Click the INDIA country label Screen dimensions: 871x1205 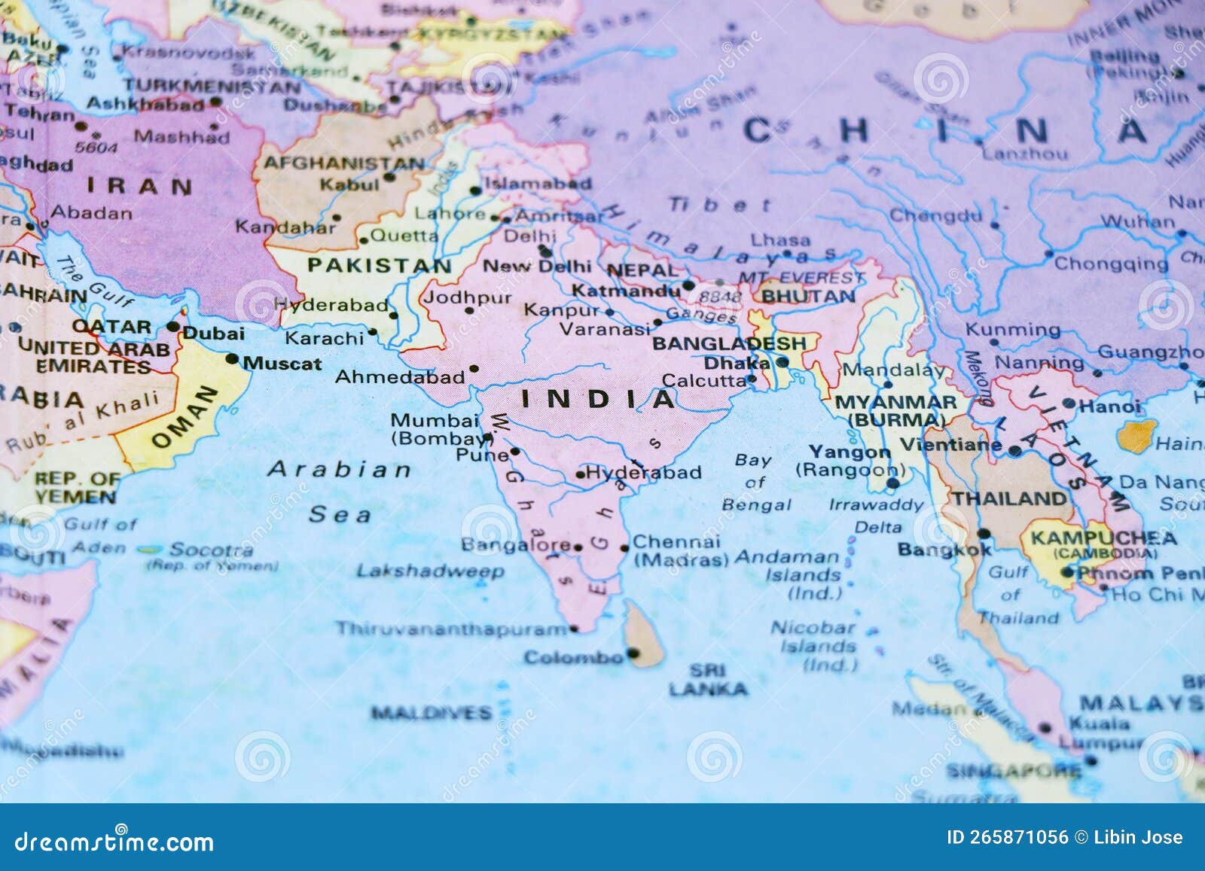(599, 399)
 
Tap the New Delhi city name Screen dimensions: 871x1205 (537, 266)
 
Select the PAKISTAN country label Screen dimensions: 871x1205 (379, 265)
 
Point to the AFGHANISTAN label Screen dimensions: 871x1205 (343, 163)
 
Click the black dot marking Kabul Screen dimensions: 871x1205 (389, 178)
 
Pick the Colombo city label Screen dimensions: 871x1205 (573, 658)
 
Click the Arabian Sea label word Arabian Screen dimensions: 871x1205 (340, 470)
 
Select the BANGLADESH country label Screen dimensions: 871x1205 (728, 343)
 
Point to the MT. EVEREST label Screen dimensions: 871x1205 (801, 278)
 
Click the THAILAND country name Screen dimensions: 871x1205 (1009, 498)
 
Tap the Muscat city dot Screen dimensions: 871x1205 (232, 359)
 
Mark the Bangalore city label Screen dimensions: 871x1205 (516, 544)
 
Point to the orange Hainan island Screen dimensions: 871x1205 (1134, 435)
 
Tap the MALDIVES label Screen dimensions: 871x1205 (431, 712)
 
